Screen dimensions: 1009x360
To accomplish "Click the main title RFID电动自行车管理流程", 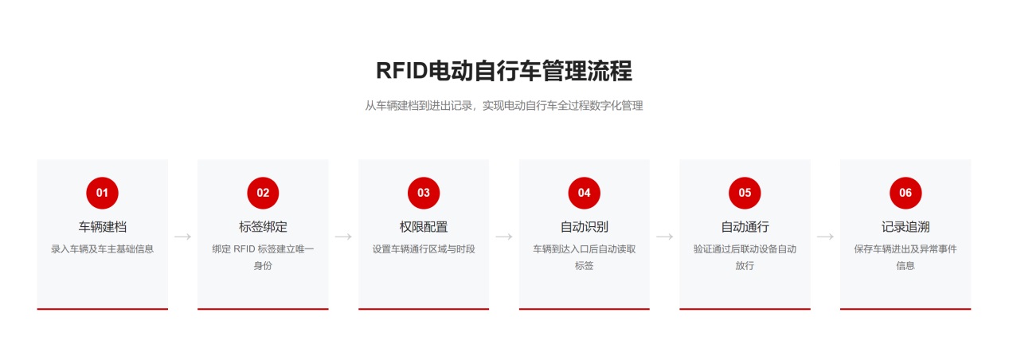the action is (x=504, y=71).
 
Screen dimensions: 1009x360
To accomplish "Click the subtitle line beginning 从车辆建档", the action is (x=504, y=106).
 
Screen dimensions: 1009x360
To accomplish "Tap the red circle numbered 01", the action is (x=102, y=193).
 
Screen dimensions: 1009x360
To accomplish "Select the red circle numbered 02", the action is (x=263, y=193).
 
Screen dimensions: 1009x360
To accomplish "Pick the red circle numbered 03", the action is (x=424, y=193).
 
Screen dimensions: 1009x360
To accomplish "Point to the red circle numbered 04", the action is (x=585, y=193).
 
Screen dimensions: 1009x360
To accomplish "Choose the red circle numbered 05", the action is (x=745, y=193).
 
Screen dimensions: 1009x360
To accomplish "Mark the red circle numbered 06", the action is (x=905, y=193).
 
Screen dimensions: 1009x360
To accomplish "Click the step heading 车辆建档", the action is (x=102, y=227).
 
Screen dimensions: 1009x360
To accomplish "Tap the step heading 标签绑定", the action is (x=263, y=227).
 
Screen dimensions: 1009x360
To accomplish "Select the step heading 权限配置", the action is (x=424, y=227).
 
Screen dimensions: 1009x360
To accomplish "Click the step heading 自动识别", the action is (x=585, y=227).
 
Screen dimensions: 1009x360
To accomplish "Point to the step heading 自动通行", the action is (x=745, y=227).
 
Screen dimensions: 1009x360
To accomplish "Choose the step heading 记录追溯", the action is (x=905, y=227).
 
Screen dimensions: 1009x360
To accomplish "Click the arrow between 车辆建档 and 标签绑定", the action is (x=183, y=237).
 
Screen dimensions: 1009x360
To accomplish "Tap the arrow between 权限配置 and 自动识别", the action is (x=504, y=237).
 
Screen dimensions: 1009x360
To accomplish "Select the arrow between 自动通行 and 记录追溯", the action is (x=825, y=237).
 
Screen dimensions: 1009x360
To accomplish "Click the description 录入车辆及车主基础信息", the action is (x=102, y=249).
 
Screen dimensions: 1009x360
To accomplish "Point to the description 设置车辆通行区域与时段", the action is (x=424, y=249).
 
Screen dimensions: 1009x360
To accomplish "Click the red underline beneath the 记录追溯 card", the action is (x=905, y=309).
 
